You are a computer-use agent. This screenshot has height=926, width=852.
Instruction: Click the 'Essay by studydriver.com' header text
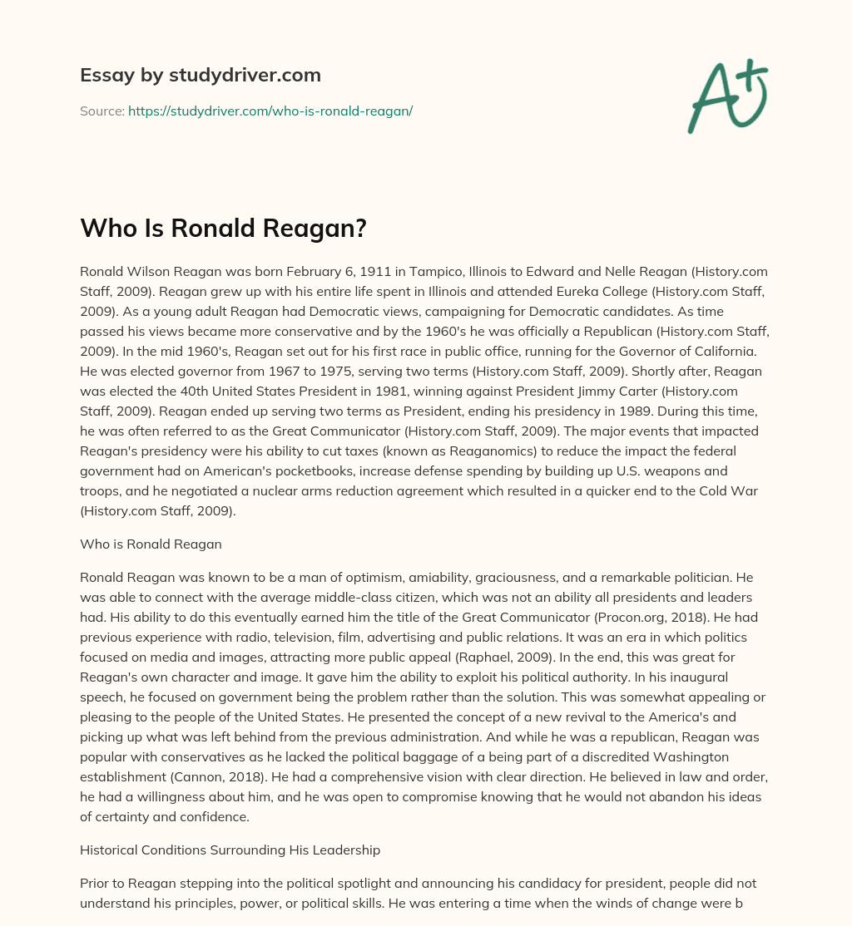pyautogui.click(x=201, y=75)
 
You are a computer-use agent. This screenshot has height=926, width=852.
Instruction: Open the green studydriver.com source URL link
pyautogui.click(x=270, y=111)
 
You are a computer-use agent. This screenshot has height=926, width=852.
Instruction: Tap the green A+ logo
pyautogui.click(x=726, y=96)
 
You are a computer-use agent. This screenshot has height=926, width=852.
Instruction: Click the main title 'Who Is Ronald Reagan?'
pyautogui.click(x=223, y=229)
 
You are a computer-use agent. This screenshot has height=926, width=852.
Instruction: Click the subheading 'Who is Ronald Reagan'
pyautogui.click(x=151, y=544)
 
